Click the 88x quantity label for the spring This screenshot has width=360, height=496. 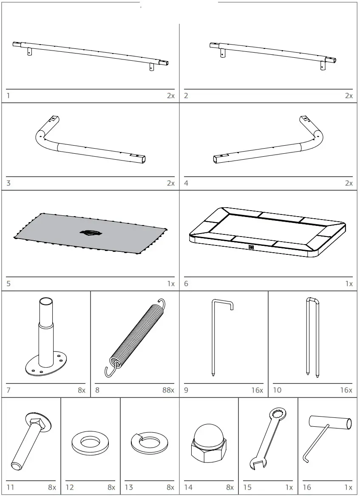coord(167,390)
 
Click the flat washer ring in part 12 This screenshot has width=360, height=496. coord(89,442)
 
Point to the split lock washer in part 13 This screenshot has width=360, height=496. coord(149,442)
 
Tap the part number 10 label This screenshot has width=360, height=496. coord(277,390)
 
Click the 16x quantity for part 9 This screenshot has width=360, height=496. coord(257,390)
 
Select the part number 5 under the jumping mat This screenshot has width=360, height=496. coord(9,284)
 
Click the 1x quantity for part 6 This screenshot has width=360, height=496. coord(349,284)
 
